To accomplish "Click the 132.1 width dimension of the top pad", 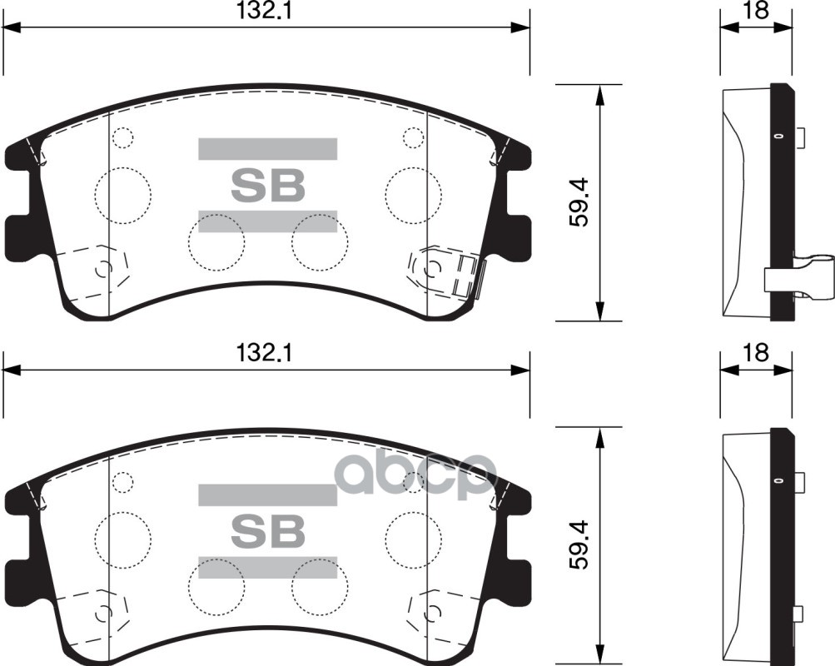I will point(266,11).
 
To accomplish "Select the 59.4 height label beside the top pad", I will point(581,203).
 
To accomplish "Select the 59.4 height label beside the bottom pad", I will point(581,544).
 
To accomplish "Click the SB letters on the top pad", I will point(267,186).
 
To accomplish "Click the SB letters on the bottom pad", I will point(267,530).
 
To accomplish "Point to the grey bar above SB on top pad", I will point(267,148).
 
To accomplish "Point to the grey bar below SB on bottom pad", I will point(267,567).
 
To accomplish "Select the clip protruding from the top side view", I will point(799,278).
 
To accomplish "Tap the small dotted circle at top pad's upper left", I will point(122,137).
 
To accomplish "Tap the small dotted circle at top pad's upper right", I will point(413,137).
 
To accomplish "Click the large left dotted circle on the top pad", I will point(123,195).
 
